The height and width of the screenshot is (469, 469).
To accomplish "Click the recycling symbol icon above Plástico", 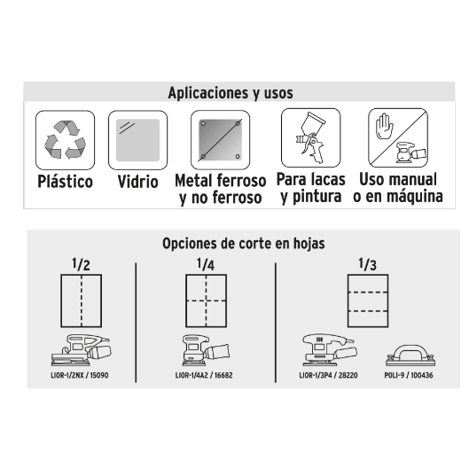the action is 66,139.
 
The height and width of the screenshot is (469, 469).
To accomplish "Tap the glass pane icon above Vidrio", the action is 138,140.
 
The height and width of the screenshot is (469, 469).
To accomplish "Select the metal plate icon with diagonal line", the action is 220,140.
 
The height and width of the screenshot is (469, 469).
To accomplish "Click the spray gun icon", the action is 310,137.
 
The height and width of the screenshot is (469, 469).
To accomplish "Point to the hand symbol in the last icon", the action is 384,126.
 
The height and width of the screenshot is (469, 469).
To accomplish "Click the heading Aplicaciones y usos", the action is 231,93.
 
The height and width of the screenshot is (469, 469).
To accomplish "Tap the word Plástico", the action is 66,181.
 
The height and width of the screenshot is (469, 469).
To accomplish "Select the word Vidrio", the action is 138,182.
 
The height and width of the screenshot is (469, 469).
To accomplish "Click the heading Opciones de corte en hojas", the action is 244,244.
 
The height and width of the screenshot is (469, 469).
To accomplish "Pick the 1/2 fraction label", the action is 81,264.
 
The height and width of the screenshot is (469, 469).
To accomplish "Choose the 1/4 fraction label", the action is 206,264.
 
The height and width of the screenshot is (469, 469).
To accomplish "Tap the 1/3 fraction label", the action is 368,264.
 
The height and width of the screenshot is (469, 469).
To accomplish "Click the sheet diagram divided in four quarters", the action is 206,301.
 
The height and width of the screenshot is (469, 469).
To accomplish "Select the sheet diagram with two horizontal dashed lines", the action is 368,301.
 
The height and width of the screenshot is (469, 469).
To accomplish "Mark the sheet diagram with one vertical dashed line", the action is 82,301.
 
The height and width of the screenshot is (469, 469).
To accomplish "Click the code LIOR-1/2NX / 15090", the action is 80,375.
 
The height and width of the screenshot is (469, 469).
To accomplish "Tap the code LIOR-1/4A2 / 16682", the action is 204,375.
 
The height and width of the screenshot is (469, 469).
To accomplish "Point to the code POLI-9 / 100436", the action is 409,375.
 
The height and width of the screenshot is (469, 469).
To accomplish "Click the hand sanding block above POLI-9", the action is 410,356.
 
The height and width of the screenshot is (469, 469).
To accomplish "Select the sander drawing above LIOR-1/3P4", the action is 329,349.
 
